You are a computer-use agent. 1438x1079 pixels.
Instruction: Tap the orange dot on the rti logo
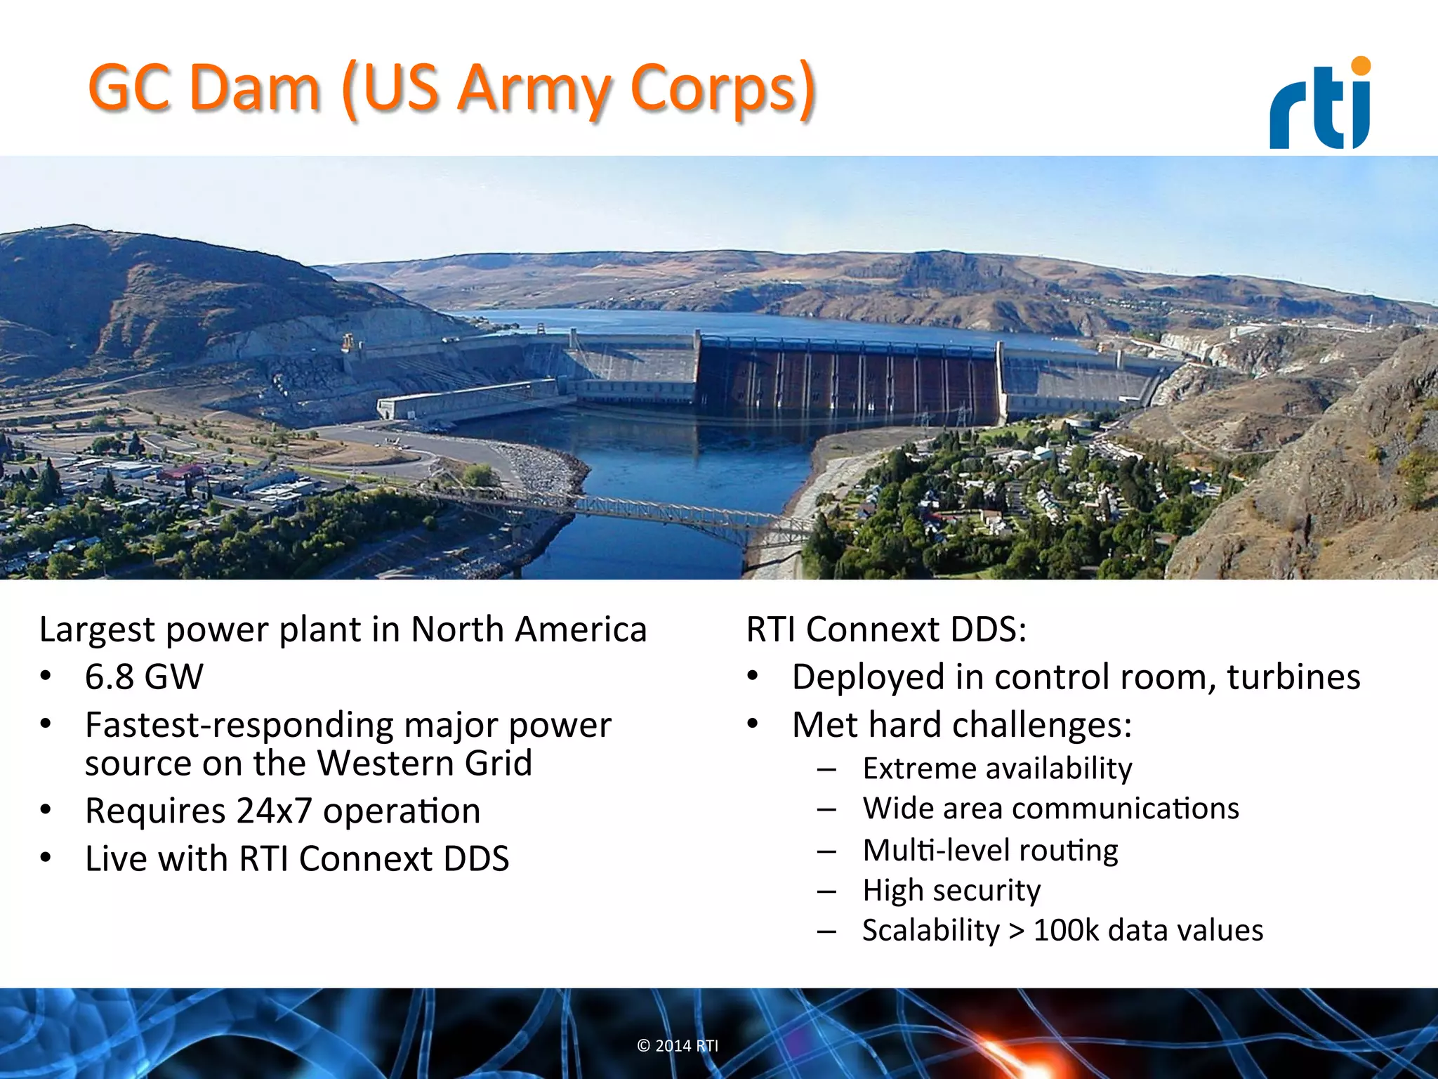pyautogui.click(x=1360, y=65)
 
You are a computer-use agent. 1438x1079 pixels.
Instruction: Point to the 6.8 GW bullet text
pyautogui.click(x=144, y=677)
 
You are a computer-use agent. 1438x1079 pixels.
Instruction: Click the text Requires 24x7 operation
pyautogui.click(x=282, y=811)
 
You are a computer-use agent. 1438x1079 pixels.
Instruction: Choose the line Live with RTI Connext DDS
pyautogui.click(x=296, y=858)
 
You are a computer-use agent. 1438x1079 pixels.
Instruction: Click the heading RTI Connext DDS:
pyautogui.click(x=886, y=629)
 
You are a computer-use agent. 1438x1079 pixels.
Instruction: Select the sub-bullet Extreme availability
pyautogui.click(x=997, y=769)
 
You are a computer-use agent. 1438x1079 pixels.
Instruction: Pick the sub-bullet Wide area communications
pyautogui.click(x=1050, y=809)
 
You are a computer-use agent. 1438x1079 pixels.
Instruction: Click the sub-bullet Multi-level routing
pyautogui.click(x=990, y=850)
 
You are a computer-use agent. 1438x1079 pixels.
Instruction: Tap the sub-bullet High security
pyautogui.click(x=951, y=890)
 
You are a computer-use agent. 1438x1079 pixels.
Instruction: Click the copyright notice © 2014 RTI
pyautogui.click(x=678, y=1045)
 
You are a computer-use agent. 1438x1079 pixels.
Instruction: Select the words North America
pyautogui.click(x=528, y=629)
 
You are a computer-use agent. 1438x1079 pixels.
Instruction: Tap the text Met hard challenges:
pyautogui.click(x=962, y=724)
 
